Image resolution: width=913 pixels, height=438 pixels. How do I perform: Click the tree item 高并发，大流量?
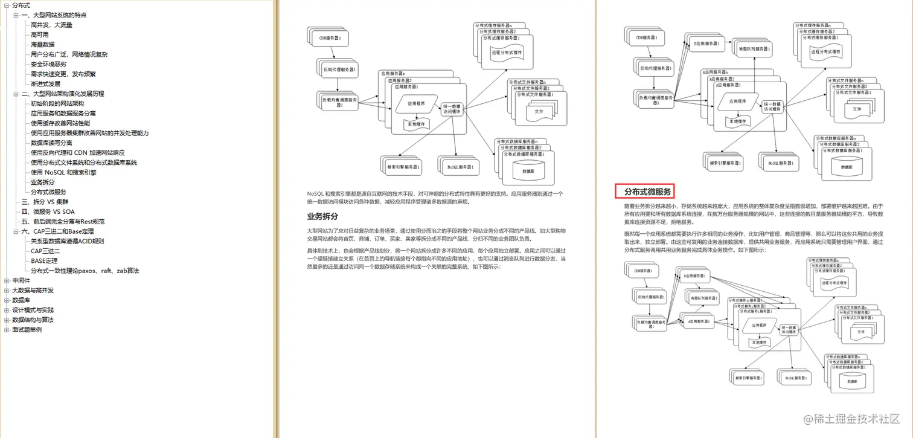point(51,25)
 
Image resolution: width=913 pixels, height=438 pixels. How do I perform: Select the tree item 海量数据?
point(42,44)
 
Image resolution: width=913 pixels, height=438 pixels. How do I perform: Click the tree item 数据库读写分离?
point(51,143)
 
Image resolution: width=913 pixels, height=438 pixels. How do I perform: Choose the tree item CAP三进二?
point(45,251)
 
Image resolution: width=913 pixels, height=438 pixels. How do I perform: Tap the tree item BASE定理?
point(44,260)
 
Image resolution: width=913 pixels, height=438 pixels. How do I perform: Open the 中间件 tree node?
point(21,280)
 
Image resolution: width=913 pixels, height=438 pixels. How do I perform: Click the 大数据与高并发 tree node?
point(33,290)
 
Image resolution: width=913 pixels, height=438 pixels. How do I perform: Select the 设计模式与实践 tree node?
point(33,310)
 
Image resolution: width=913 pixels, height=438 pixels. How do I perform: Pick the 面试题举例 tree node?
point(27,329)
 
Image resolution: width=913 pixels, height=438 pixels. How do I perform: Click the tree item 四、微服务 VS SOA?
point(48,211)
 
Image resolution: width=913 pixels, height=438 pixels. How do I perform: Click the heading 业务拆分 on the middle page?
point(322,216)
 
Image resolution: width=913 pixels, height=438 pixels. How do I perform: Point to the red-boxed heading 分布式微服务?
point(647,192)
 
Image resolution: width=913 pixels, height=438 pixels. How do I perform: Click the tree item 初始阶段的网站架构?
point(57,103)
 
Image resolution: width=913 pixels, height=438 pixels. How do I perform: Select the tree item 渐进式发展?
point(45,83)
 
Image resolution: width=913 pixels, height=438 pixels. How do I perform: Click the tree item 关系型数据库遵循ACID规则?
point(67,241)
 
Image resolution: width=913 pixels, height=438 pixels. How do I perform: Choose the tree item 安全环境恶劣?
point(48,64)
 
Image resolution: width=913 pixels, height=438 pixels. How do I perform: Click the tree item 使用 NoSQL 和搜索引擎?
point(63,172)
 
